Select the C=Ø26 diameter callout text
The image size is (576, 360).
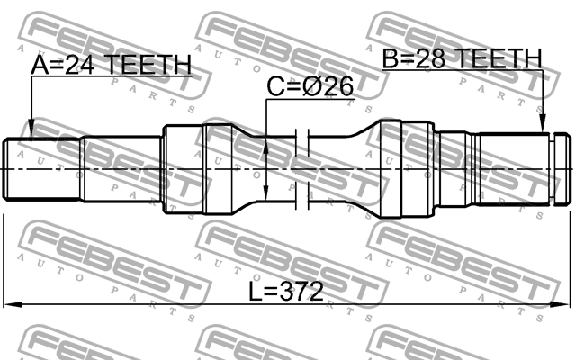point(310,86)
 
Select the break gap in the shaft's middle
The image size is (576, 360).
point(303,168)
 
